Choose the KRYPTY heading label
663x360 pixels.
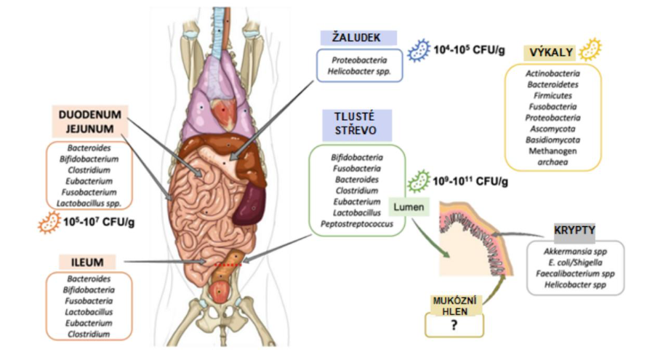click(574, 231)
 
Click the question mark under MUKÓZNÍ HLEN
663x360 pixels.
click(454, 326)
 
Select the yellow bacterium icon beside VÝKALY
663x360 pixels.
click(590, 48)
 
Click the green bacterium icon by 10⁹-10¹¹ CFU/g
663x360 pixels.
click(418, 179)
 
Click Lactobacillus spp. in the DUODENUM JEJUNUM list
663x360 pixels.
click(92, 203)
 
